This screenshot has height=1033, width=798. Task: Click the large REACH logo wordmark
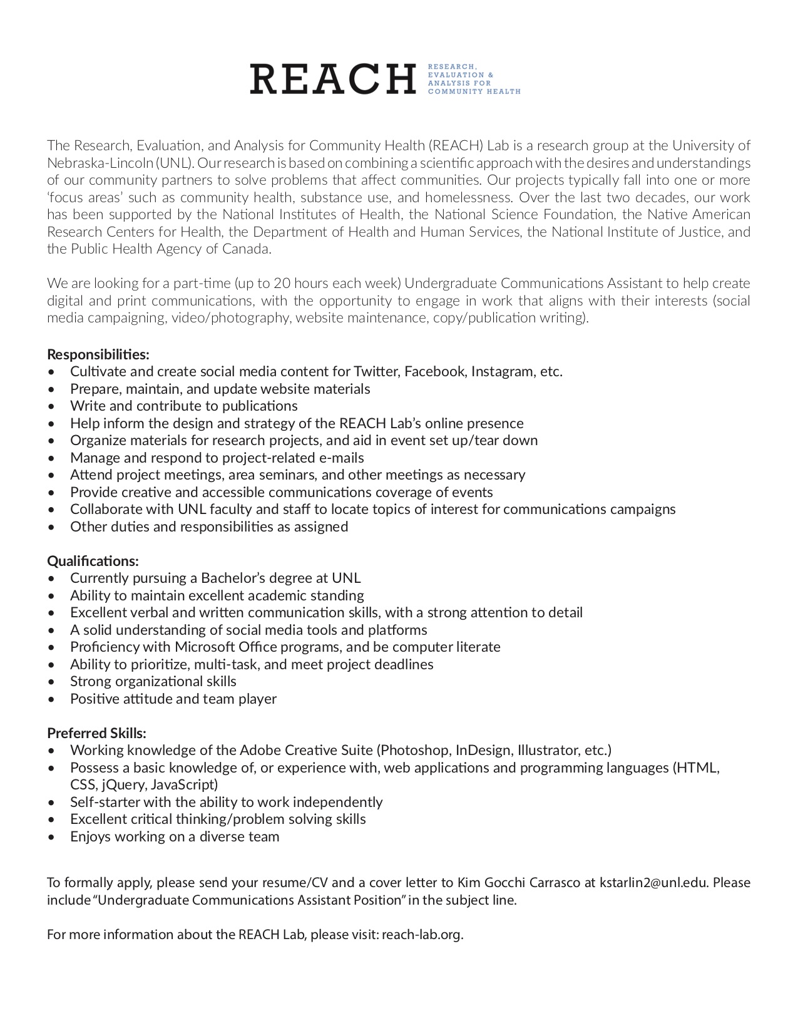pos(332,78)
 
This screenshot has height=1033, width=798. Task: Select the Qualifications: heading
pos(93,561)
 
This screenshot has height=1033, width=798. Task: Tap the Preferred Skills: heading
pos(96,733)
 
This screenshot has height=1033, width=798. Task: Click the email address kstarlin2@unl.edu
pos(654,883)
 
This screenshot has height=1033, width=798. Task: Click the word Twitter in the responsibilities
pos(376,372)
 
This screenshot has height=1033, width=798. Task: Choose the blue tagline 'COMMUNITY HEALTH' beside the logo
pos(474,91)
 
